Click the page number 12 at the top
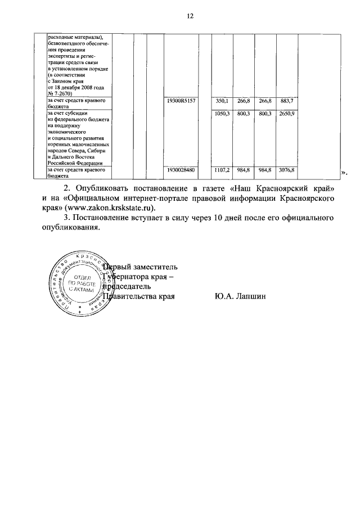coord(190,16)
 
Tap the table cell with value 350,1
coord(223,100)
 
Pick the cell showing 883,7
coord(287,100)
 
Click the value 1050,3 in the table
coord(222,114)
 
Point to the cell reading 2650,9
coord(287,114)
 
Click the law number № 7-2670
coord(63,94)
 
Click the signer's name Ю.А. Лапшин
coord(240,295)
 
